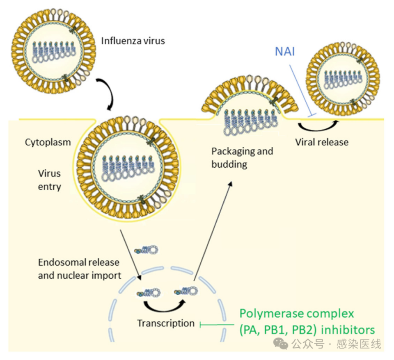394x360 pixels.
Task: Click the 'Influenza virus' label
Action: pos(133,41)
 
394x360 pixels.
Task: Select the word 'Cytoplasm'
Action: pos(48,143)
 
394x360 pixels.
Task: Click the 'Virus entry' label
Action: pos(50,180)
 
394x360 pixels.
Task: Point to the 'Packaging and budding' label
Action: pos(242,157)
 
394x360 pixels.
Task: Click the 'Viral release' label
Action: pos(321,142)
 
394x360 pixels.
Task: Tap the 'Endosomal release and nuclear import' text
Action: pos(78,269)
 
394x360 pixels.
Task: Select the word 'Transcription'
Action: pos(165,323)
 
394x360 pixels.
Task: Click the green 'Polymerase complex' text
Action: pos(296,314)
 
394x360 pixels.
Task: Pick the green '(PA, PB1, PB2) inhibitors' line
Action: pos(307,330)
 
